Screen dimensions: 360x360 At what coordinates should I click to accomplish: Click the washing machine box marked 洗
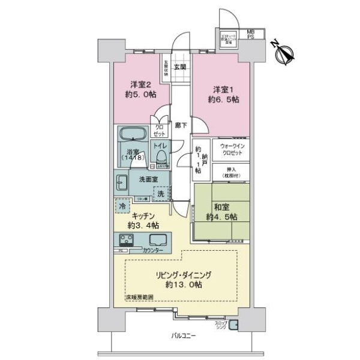(x=161, y=193)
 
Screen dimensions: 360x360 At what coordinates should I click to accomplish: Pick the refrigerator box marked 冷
(x=122, y=205)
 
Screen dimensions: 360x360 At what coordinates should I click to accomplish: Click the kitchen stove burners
(x=128, y=241)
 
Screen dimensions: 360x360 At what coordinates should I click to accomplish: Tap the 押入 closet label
(x=231, y=173)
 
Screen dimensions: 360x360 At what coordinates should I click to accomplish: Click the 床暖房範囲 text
(x=139, y=298)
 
